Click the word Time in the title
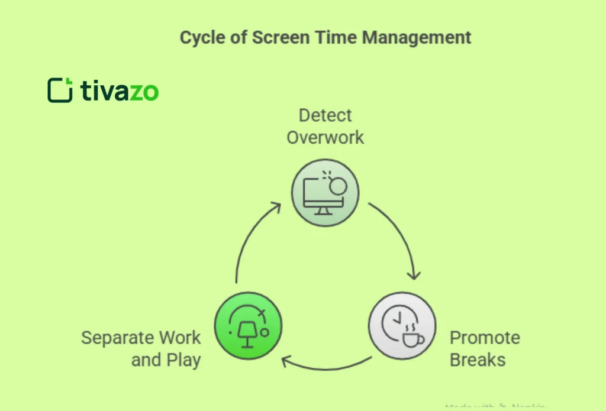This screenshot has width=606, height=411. pyautogui.click(x=340, y=38)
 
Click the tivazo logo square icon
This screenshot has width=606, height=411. pyautogui.click(x=60, y=90)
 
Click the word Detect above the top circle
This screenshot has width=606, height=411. pyautogui.click(x=325, y=115)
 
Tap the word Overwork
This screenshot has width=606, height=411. pyautogui.click(x=325, y=138)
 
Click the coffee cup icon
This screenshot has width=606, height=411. pyautogui.click(x=412, y=338)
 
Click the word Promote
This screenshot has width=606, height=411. pyautogui.click(x=485, y=338)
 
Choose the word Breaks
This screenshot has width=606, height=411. pyautogui.click(x=478, y=360)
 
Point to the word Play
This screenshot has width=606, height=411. pyautogui.click(x=182, y=360)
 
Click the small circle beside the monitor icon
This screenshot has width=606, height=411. pyautogui.click(x=337, y=187)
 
